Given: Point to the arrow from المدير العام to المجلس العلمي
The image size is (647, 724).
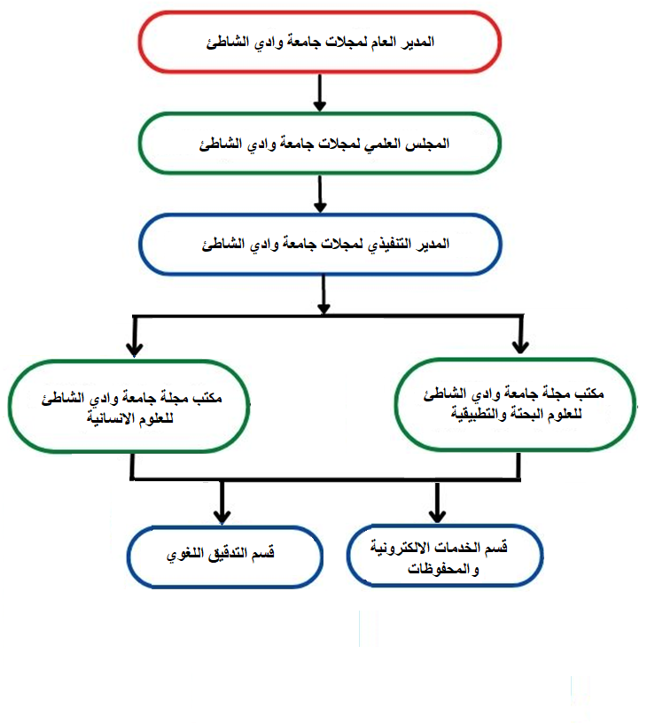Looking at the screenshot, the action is (320, 92).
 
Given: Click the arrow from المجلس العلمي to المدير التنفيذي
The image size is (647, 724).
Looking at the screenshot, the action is (320, 194).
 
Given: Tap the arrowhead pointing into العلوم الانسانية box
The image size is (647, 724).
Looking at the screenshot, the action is (134, 349).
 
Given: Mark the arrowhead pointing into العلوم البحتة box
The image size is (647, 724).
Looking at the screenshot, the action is (520, 347).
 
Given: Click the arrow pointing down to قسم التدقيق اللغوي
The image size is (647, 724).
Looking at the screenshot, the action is (222, 502).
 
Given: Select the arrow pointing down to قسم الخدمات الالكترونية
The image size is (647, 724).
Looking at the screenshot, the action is (437, 502).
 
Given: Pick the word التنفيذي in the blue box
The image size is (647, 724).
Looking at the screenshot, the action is (389, 245).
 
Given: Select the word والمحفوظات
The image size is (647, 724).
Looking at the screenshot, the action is (443, 569).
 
